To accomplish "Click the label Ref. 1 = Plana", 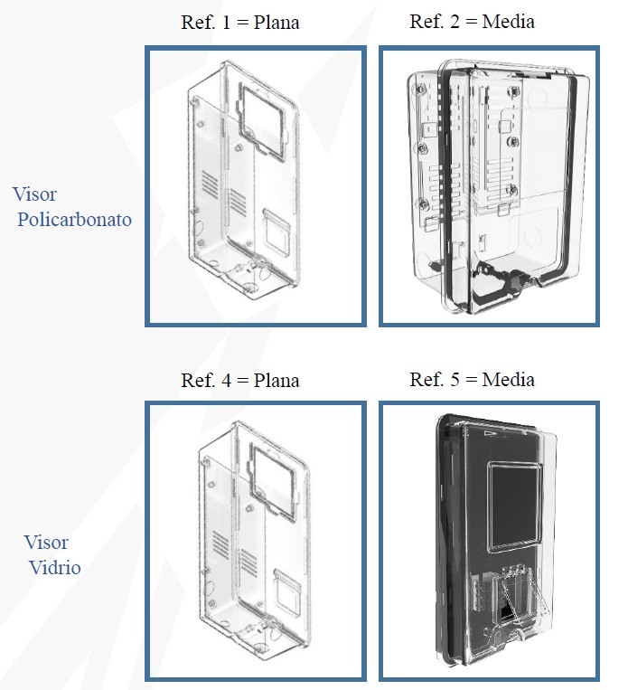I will click(239, 22).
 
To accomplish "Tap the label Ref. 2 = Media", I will click(472, 21).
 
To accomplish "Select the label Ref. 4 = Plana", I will click(239, 379).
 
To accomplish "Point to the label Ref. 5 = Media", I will click(472, 378).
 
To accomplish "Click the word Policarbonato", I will click(74, 219).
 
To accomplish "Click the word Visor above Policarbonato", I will click(35, 194).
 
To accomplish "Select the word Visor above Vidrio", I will click(46, 543).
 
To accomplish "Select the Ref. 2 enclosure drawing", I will click(488, 185).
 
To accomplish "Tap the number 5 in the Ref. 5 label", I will click(455, 378).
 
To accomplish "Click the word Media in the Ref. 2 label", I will click(508, 21).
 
